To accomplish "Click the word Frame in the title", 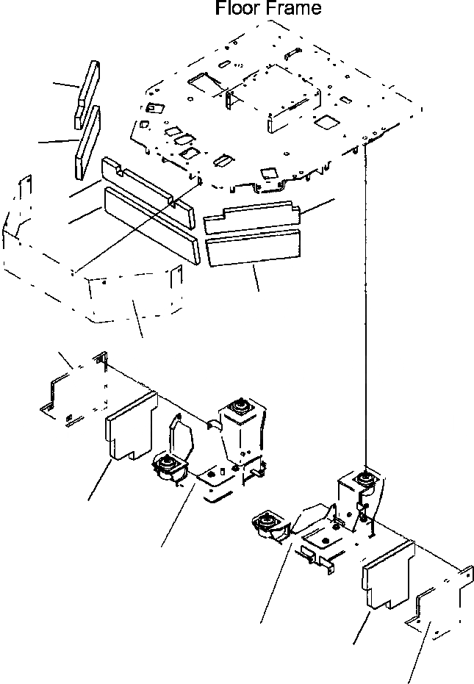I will pos(294,10).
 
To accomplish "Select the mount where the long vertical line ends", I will pos(364,479).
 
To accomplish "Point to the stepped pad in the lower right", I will pos(387,577).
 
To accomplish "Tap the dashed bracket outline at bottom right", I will pos(438,602).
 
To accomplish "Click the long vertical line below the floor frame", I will pos(365,309).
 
